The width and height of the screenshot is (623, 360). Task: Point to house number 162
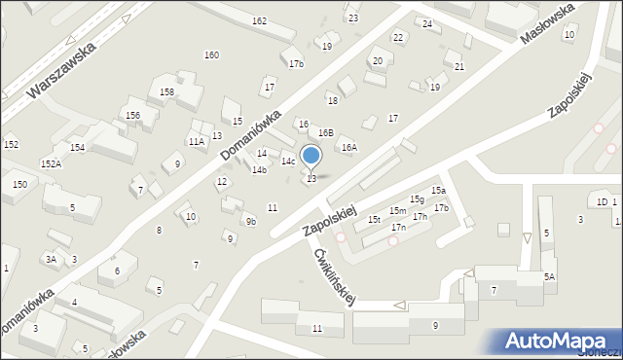pos(259,20)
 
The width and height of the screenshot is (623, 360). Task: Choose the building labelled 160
pos(211,54)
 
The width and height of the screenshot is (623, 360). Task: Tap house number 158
pos(166,91)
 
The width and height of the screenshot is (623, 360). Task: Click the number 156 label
pos(132,115)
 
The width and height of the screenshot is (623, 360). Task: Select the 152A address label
pos(51,163)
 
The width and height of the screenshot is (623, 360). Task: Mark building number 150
pos(19,184)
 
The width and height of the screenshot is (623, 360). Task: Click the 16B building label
pos(326,132)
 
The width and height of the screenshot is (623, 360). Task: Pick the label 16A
pos(348,148)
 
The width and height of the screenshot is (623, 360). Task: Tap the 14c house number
pos(288,161)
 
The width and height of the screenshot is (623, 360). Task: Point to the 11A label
pos(197,142)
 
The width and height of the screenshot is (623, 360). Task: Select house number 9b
pos(251,221)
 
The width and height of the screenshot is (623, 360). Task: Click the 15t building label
pos(374,220)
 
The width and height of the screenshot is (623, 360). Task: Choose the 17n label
pos(398,227)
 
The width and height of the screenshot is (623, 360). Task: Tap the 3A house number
pos(50,259)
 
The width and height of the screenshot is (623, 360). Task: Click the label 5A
pos(549,277)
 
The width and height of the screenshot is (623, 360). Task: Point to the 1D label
pos(602,201)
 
